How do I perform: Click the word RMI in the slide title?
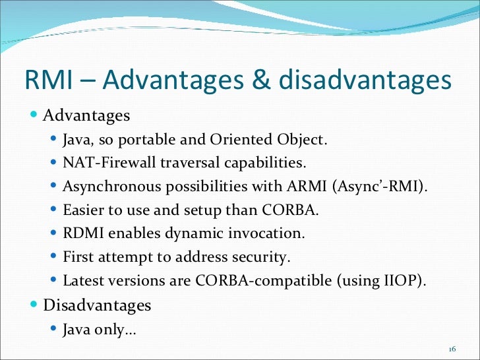49,80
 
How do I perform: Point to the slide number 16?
452,349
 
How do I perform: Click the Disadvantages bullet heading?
97,305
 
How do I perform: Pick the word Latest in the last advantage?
82,280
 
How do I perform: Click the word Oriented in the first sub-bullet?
236,140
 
